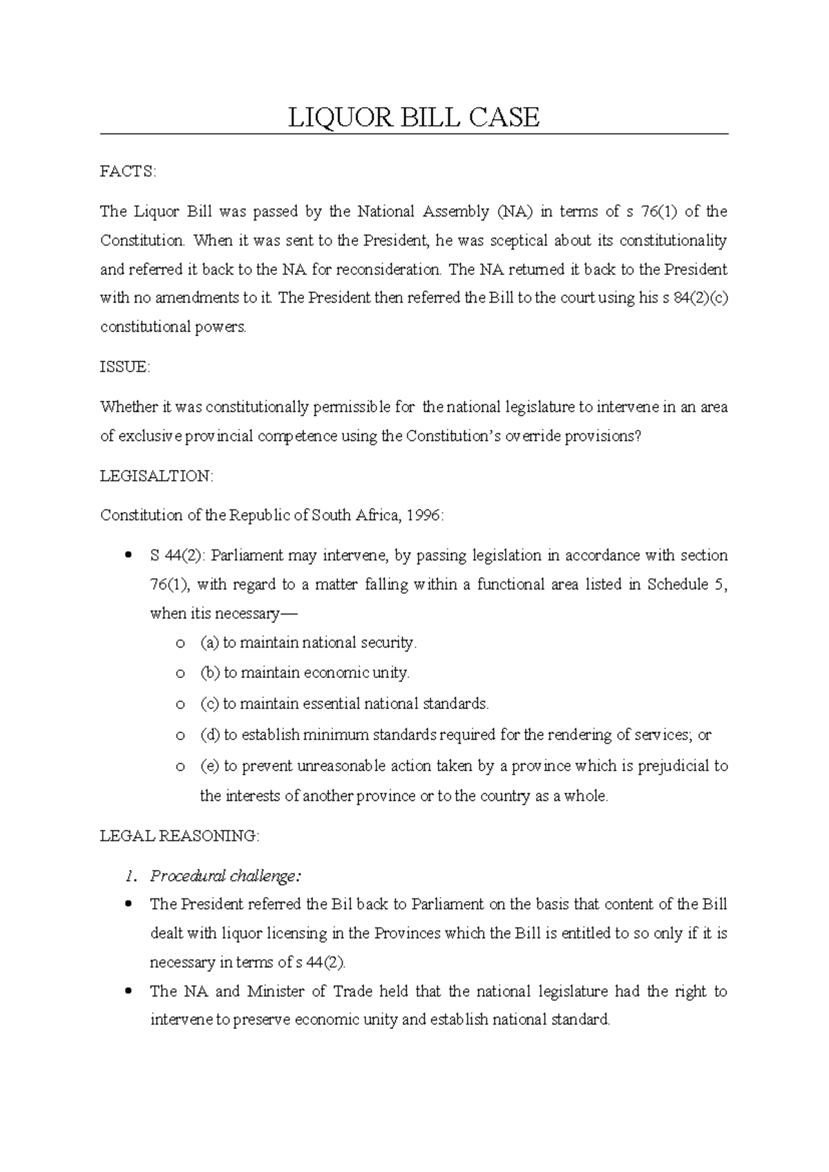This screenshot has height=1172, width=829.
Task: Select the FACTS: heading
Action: point(128,172)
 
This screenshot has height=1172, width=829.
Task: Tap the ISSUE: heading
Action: point(124,368)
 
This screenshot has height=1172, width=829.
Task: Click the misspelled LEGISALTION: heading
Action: point(157,476)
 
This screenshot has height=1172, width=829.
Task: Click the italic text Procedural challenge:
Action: point(226,876)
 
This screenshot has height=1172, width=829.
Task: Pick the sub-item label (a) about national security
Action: point(210,643)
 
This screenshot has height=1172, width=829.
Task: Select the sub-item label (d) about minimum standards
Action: point(210,735)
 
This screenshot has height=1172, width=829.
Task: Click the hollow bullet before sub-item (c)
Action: point(180,705)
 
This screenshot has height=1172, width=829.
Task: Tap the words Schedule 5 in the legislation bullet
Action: point(686,585)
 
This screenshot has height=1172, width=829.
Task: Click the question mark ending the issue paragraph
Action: point(638,437)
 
